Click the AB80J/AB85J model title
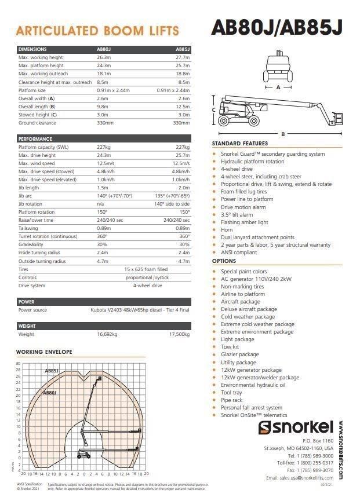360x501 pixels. pyautogui.click(x=277, y=28)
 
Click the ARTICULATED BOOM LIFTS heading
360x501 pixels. pyautogui.click(x=97, y=31)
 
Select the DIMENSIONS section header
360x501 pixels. pyautogui.click(x=32, y=50)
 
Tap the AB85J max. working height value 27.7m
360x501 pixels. pyautogui.click(x=183, y=58)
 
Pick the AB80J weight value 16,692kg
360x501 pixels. pyautogui.click(x=107, y=334)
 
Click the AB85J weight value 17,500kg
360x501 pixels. pyautogui.click(x=179, y=334)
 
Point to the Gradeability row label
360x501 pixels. pyautogui.click(x=31, y=244)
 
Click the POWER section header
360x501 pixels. pyautogui.click(x=27, y=302)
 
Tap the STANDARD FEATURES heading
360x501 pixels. pyautogui.click(x=240, y=144)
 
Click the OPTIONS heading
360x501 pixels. pyautogui.click(x=224, y=261)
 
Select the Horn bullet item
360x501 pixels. pyautogui.click(x=227, y=230)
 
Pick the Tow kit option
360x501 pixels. pyautogui.click(x=230, y=347)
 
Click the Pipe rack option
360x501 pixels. pyautogui.click(x=231, y=400)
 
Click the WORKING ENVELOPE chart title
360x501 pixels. pyautogui.click(x=44, y=352)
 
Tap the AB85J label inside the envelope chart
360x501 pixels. pyautogui.click(x=52, y=370)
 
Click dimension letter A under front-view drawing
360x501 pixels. pyautogui.click(x=279, y=87)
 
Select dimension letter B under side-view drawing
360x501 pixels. pyautogui.click(x=282, y=134)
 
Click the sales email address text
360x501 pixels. pyautogui.click(x=301, y=478)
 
